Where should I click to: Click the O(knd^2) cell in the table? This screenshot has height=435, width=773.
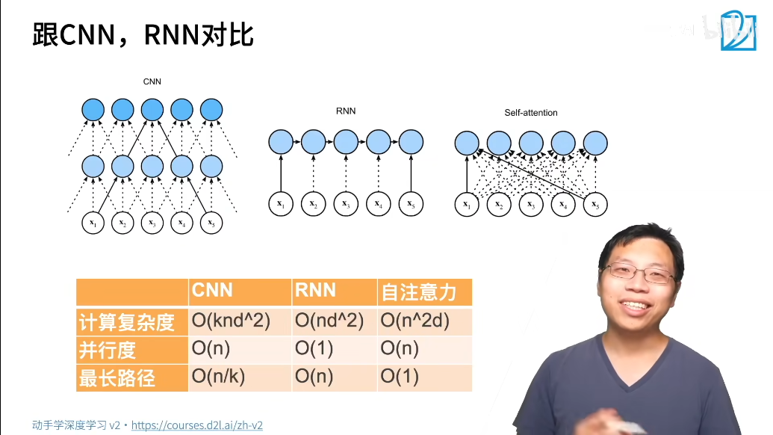[231, 321]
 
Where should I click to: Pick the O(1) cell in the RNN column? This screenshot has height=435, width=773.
[314, 349]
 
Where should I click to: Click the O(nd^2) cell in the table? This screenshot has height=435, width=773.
[329, 321]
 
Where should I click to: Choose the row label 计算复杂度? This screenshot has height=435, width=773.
[126, 322]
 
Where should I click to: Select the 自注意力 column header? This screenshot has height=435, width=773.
[417, 291]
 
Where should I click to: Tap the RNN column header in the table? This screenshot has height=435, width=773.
[315, 291]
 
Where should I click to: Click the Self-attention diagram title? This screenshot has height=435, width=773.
[531, 113]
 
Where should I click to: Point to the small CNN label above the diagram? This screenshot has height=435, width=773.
[152, 81]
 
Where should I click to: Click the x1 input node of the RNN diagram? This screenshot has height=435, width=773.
[280, 204]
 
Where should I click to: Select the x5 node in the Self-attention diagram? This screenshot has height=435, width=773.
[595, 204]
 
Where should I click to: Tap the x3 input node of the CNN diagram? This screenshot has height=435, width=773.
[152, 223]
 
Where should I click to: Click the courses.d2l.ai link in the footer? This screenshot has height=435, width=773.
[196, 425]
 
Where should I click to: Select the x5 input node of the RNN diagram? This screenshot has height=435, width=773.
[410, 204]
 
